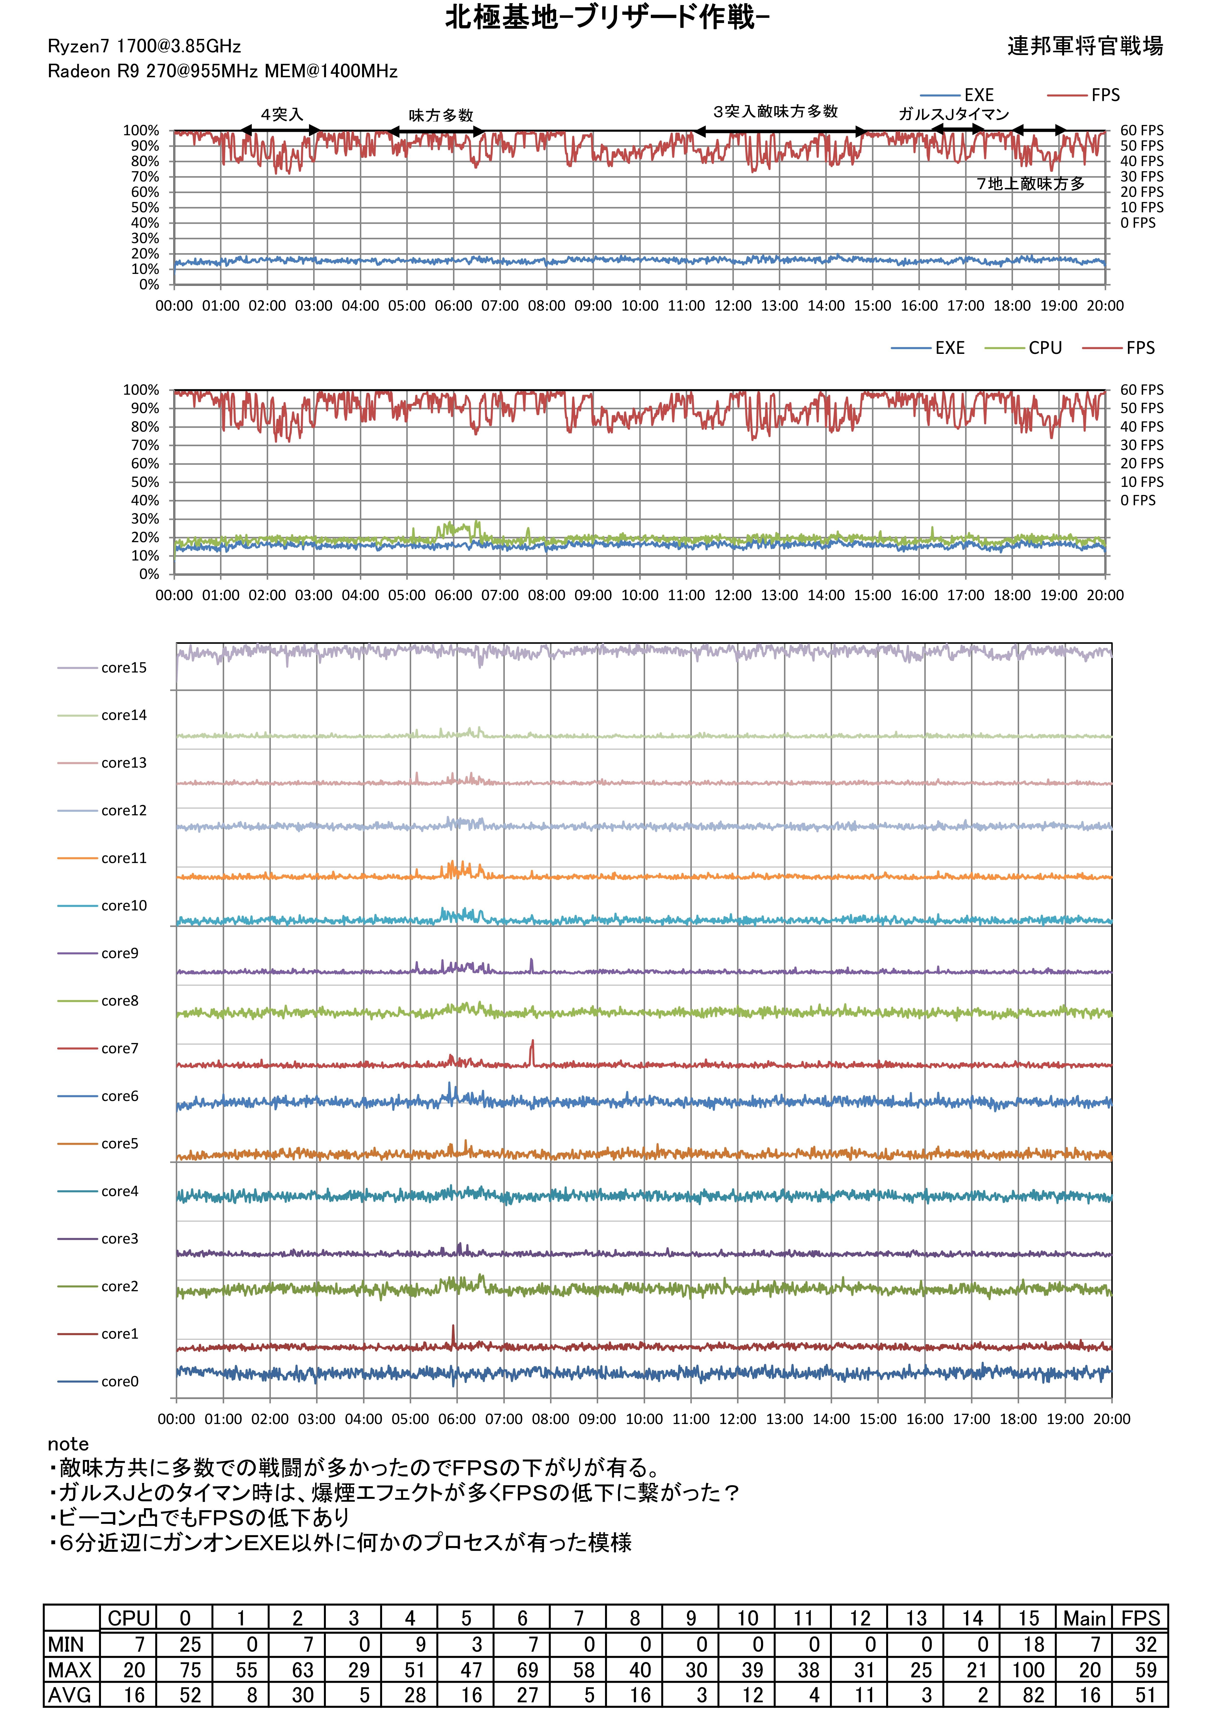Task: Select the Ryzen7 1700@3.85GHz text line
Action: [144, 46]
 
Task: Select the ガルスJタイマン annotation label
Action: [953, 114]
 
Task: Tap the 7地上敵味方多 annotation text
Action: [1030, 184]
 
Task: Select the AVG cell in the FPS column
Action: [1140, 1695]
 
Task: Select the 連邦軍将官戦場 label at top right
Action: [1084, 46]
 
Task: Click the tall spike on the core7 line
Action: [532, 1043]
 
